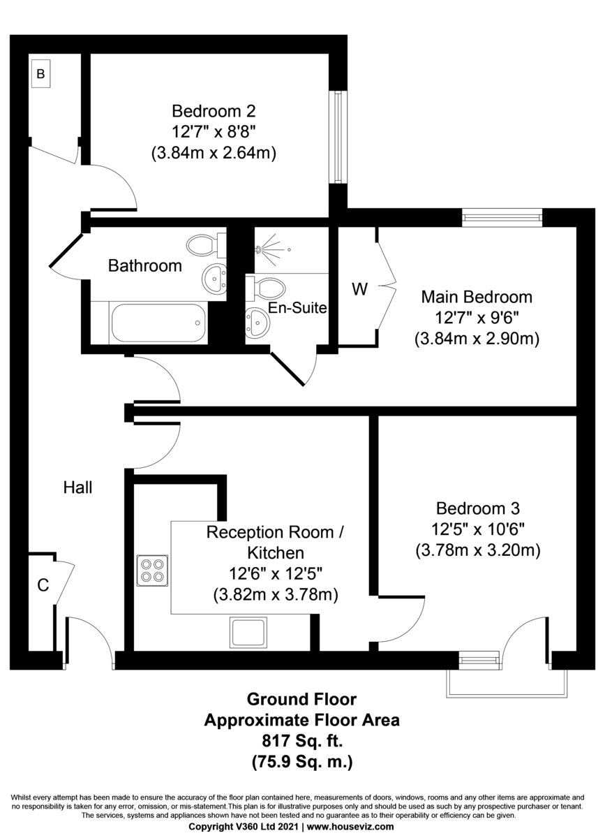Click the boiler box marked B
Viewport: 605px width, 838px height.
tap(40, 73)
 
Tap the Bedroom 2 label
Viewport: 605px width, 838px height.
tap(214, 111)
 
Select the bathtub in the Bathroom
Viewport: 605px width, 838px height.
tap(159, 323)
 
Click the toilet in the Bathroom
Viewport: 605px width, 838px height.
tap(205, 245)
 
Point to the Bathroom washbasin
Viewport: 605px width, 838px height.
tap(214, 279)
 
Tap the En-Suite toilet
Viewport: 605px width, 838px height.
tap(265, 288)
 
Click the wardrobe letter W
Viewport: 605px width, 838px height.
tap(359, 289)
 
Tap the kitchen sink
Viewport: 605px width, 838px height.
tap(248, 633)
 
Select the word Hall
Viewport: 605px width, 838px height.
tap(77, 487)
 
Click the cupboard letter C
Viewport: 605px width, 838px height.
tap(43, 586)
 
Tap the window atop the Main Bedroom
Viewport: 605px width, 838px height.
tap(502, 218)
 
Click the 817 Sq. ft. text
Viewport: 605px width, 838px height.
tap(301, 741)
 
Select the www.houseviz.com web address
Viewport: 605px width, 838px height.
tap(350, 826)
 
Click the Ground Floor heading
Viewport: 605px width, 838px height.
tap(301, 700)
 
